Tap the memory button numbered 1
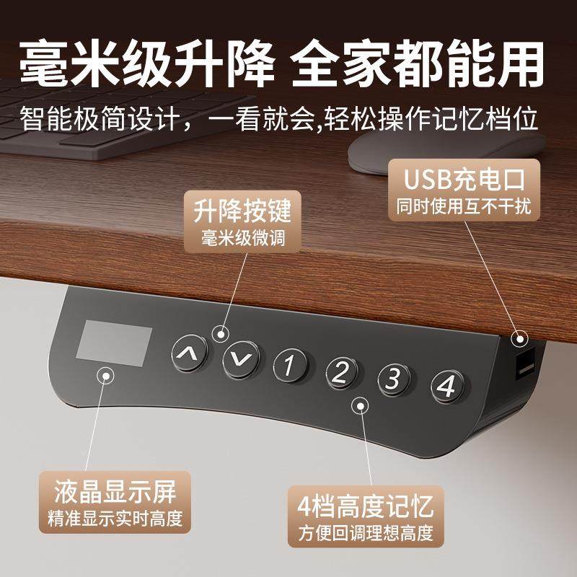tap(289, 365)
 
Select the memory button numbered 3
tap(393, 379)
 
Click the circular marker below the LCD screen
tap(106, 376)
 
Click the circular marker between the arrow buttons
tap(221, 332)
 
